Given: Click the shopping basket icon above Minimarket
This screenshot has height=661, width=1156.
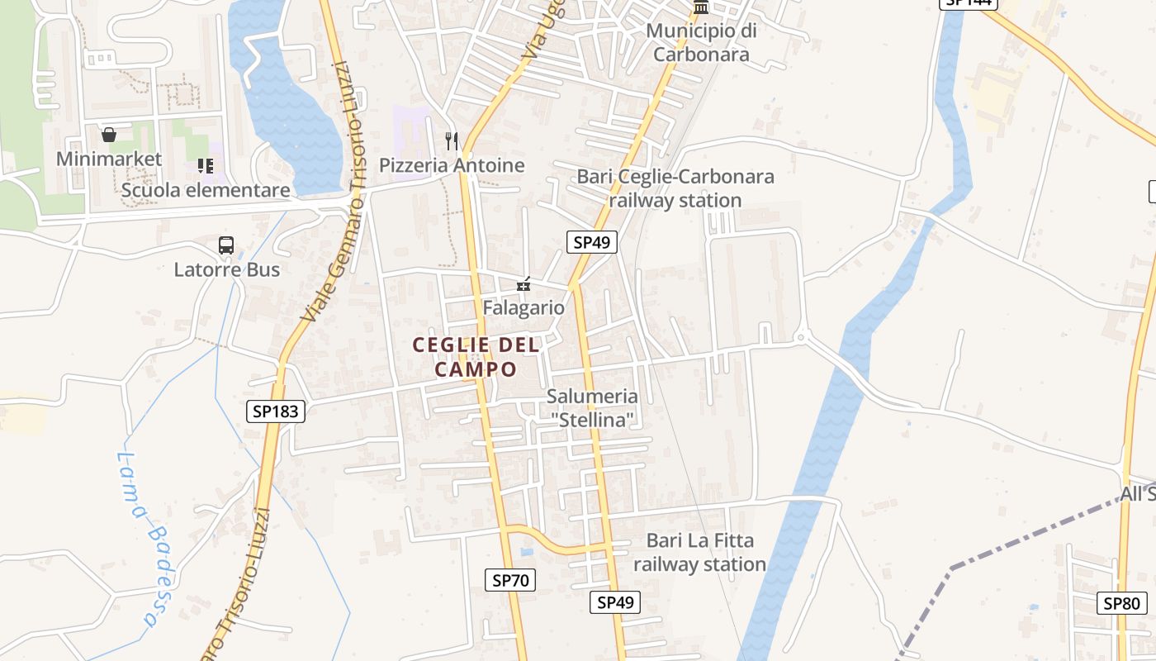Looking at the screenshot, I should (x=108, y=135).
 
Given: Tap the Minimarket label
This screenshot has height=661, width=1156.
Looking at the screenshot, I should (x=109, y=159).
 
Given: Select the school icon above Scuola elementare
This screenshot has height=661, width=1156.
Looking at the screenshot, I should (x=206, y=166).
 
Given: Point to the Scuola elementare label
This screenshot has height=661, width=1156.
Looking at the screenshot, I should (x=206, y=190).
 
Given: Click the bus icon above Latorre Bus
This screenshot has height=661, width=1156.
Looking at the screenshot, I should (x=226, y=245).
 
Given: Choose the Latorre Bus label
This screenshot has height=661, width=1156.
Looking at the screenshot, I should (x=226, y=269).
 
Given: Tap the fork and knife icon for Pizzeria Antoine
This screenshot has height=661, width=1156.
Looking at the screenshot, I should (x=451, y=140).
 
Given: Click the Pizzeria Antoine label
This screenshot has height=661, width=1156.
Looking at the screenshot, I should (x=452, y=165).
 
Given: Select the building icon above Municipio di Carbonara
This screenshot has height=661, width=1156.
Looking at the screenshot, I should (x=701, y=7).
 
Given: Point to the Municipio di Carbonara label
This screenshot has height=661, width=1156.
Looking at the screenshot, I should (x=701, y=43).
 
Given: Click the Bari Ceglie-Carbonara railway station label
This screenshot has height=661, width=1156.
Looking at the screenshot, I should (x=675, y=188).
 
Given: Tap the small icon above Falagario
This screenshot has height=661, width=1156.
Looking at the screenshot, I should (x=524, y=284).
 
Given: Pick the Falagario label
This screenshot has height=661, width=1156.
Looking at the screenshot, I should (x=524, y=308).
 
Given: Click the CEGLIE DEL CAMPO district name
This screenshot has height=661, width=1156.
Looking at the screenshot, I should (x=476, y=357).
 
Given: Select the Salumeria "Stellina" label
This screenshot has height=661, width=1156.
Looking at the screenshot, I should (x=592, y=408).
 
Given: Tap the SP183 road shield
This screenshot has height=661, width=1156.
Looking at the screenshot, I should (x=276, y=411).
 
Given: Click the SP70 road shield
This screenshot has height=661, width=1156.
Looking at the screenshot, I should (x=509, y=580).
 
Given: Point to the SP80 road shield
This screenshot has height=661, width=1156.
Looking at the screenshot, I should (x=1121, y=602).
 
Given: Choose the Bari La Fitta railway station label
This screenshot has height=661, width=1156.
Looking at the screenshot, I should (x=700, y=553).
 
